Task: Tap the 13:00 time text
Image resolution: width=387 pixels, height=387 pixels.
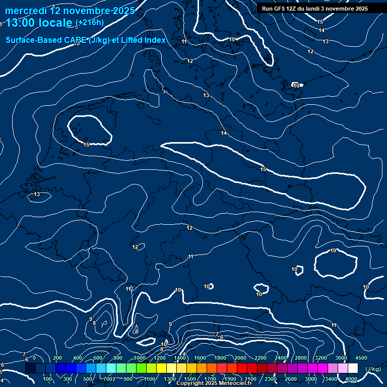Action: tap(23, 22)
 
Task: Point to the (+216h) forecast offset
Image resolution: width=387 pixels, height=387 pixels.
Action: tap(90, 23)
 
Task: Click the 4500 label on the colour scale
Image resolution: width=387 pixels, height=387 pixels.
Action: tap(361, 358)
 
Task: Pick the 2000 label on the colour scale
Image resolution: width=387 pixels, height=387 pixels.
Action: tap(240, 358)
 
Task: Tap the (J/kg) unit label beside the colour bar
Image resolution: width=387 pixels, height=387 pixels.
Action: tap(372, 369)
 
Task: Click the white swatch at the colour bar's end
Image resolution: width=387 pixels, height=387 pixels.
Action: tap(353, 368)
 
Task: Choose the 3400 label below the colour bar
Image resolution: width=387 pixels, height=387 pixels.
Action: tap(331, 379)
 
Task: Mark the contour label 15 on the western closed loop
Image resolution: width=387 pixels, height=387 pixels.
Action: tap(86, 145)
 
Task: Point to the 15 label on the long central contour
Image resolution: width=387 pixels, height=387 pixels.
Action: tap(263, 169)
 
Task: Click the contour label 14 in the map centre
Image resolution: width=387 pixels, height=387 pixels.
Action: tap(224, 133)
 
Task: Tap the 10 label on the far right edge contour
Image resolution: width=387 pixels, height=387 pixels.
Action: tap(366, 287)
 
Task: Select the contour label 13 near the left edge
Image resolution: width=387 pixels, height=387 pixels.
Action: tap(37, 194)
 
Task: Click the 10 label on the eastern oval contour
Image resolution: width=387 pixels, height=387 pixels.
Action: tap(333, 250)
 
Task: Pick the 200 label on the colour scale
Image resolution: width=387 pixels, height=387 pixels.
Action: tap(57, 358)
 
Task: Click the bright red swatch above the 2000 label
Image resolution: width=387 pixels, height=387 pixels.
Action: tap(242, 368)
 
